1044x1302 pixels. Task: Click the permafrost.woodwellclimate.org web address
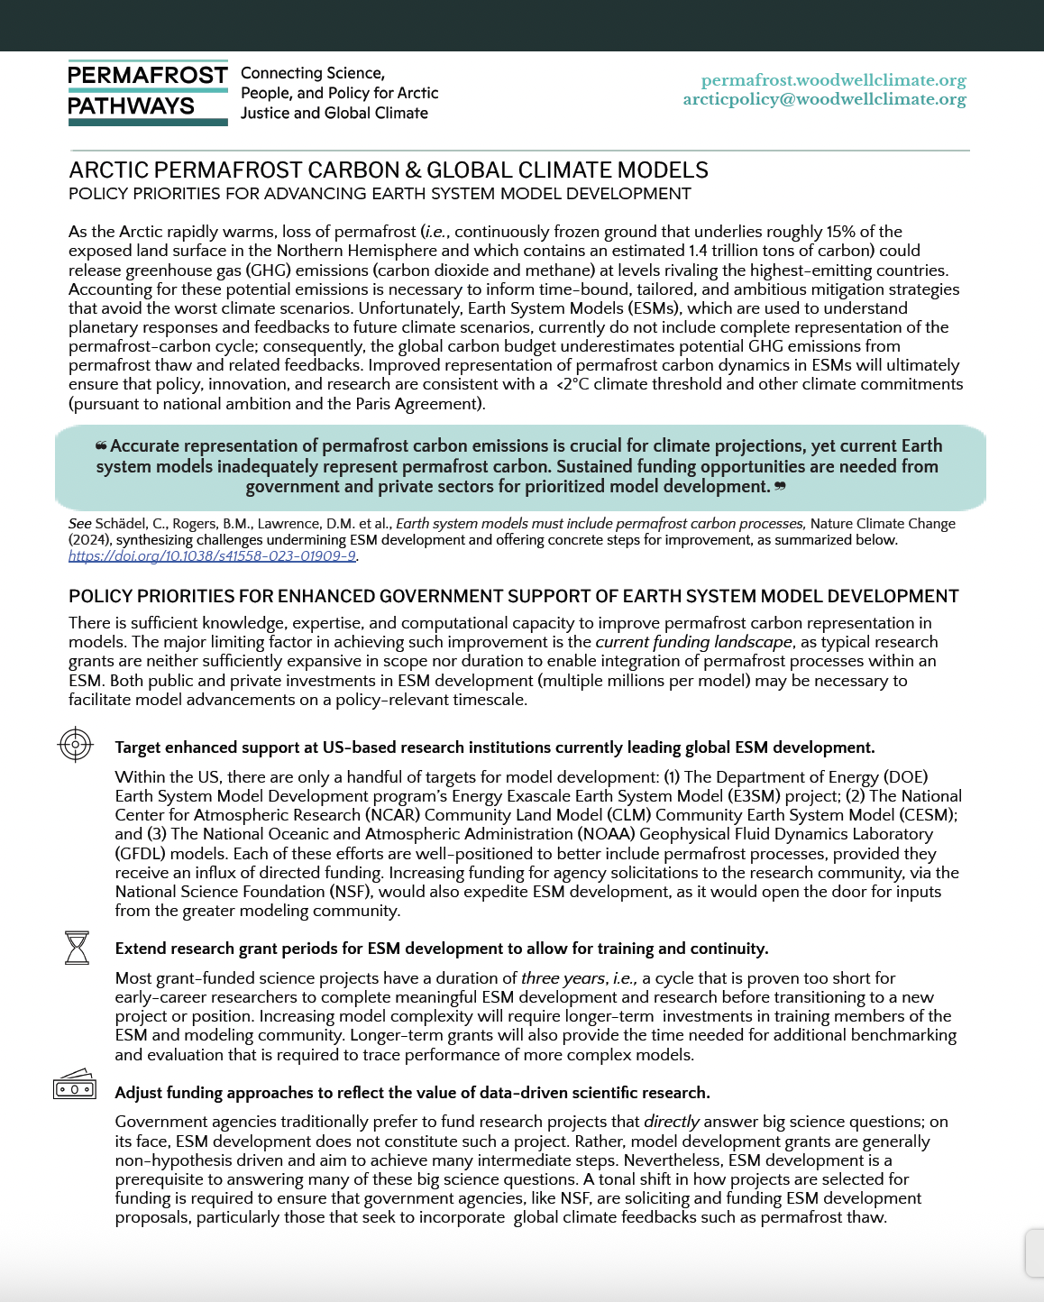pyautogui.click(x=833, y=80)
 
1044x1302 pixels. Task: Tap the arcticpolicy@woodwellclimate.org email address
pyautogui.click(x=824, y=99)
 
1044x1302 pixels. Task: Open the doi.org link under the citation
pyautogui.click(x=212, y=556)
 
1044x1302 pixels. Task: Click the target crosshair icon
pyautogui.click(x=76, y=745)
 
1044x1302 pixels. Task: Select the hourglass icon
pyautogui.click(x=78, y=948)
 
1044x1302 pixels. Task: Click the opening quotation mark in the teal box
pyautogui.click(x=101, y=445)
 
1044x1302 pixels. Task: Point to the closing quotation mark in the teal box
pyautogui.click(x=780, y=487)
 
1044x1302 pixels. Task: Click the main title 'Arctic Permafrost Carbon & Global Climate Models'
pyautogui.click(x=389, y=170)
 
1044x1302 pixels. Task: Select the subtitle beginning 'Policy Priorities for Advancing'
pyautogui.click(x=380, y=194)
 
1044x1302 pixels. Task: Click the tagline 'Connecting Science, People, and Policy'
pyautogui.click(x=339, y=93)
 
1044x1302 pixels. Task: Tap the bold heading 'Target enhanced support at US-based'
pyautogui.click(x=494, y=747)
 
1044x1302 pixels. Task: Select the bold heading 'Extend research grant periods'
pyautogui.click(x=441, y=949)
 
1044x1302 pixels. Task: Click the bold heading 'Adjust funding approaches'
pyautogui.click(x=412, y=1093)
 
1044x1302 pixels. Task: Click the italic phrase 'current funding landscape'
pyautogui.click(x=693, y=642)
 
